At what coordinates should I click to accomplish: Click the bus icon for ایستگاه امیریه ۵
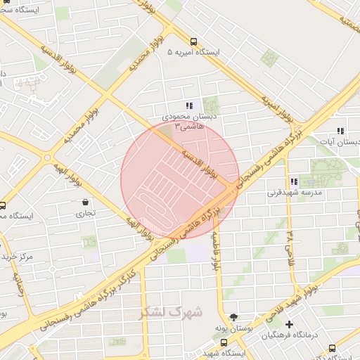[193, 41]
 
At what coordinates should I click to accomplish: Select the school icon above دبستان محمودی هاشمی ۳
[188, 105]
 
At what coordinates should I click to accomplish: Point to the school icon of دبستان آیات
[340, 131]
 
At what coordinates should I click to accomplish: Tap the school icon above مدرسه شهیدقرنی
[293, 181]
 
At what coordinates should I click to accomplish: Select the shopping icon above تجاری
[85, 202]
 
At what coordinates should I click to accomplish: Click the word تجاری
[85, 213]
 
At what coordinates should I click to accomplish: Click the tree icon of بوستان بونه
[233, 317]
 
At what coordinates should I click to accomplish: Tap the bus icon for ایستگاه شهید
[224, 342]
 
